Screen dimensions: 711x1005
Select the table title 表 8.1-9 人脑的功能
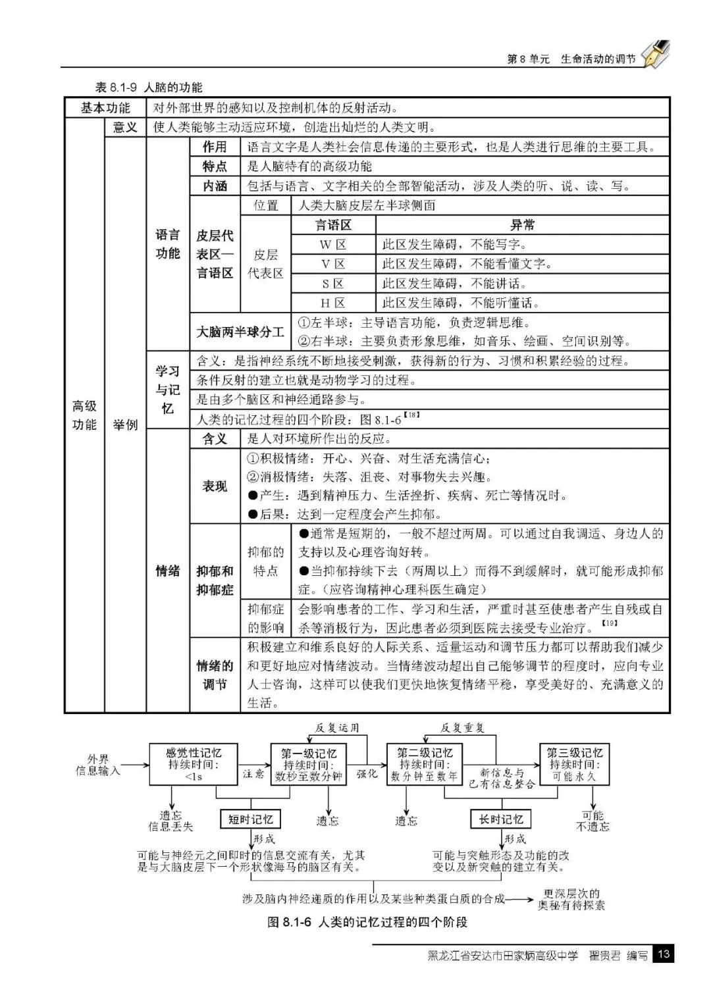pos(149,88)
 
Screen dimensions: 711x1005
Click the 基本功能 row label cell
pos(105,108)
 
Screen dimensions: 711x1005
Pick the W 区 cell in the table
pos(333,245)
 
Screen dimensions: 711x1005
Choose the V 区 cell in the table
pos(333,264)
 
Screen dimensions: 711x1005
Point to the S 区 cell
pos(333,284)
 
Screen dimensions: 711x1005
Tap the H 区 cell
pos(333,303)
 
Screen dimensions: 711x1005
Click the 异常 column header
pos(522,225)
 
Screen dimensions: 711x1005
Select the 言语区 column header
pos(333,225)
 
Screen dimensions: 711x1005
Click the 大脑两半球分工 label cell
pos(240,332)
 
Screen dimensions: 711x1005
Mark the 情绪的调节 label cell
pos(215,675)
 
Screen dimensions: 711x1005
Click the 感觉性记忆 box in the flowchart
pos(193,764)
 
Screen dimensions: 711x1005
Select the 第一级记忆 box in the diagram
pos(309,764)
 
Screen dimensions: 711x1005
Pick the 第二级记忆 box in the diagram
pos(425,764)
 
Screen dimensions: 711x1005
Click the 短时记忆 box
pos(250,819)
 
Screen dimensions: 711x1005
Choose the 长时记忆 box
pos(501,819)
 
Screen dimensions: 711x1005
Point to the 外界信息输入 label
pos(98,765)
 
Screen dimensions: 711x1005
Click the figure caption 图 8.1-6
pos(367,922)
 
